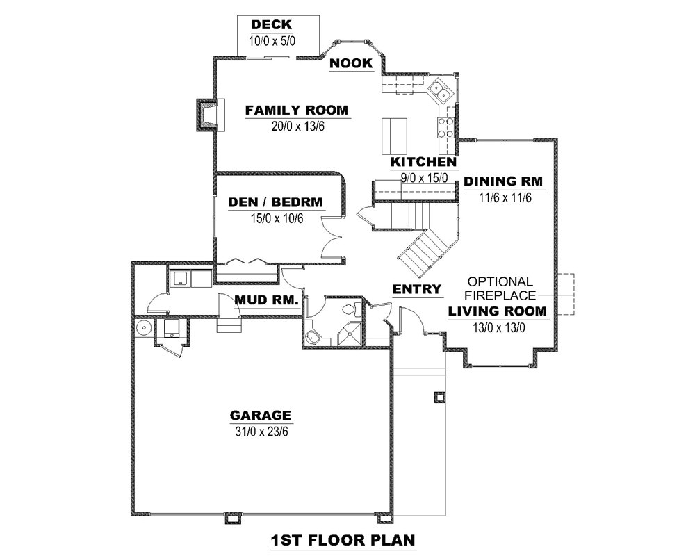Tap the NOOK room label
(351, 64)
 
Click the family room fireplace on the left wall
(208, 115)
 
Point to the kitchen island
(394, 136)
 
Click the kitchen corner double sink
(439, 90)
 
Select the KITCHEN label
(423, 162)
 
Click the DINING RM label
(503, 181)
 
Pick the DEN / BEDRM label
(276, 202)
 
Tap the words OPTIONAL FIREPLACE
(500, 288)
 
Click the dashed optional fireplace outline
(565, 295)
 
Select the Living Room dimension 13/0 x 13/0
(497, 326)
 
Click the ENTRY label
(417, 289)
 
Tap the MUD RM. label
(267, 300)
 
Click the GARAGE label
(261, 416)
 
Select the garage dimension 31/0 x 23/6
(260, 432)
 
